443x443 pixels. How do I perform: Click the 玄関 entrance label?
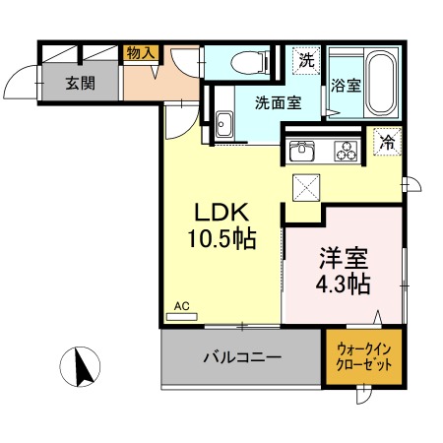click(x=81, y=83)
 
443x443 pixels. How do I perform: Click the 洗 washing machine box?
click(x=307, y=59)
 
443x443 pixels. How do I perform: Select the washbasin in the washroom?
click(x=223, y=124)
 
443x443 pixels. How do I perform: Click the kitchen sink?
click(x=301, y=151)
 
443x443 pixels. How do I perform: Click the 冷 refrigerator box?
click(x=387, y=142)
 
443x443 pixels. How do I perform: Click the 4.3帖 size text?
click(x=343, y=285)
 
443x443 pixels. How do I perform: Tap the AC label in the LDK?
click(x=181, y=306)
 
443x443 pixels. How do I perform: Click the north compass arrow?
click(x=83, y=368)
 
